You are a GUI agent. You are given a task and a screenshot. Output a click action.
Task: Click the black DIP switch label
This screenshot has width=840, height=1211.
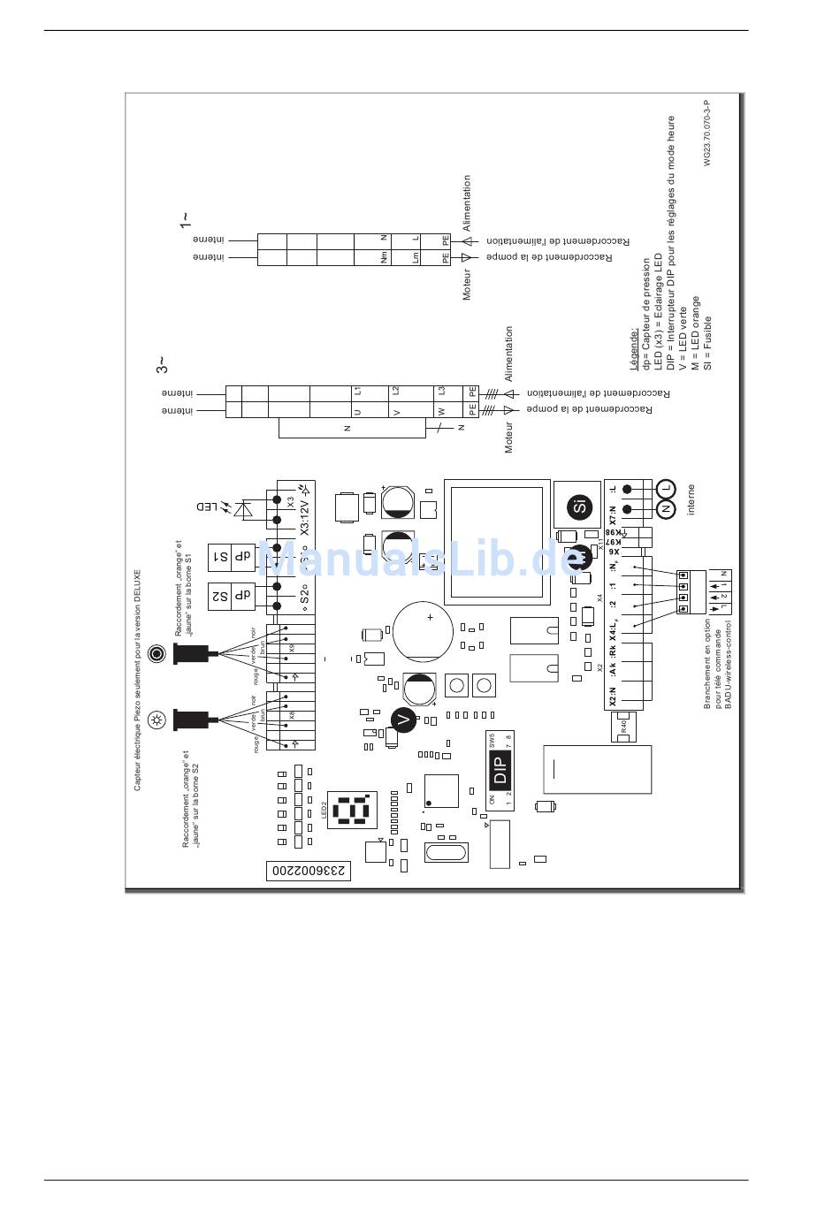(x=500, y=770)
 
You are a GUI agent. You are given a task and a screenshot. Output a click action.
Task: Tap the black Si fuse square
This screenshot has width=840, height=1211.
(x=579, y=506)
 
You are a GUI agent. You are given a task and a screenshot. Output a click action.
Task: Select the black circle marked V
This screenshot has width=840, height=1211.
(x=404, y=720)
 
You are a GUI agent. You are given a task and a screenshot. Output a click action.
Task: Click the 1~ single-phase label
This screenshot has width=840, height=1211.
(x=184, y=219)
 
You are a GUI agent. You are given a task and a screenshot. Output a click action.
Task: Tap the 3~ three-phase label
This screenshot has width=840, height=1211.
(x=163, y=364)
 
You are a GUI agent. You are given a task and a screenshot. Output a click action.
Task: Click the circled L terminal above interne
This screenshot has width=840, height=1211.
(x=666, y=487)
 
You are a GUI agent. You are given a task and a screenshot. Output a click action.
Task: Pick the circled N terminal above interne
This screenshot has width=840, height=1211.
(x=666, y=509)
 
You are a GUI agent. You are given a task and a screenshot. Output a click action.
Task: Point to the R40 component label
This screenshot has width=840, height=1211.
(x=623, y=727)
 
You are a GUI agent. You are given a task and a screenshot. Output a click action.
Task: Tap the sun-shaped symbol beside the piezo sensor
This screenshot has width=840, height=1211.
(x=157, y=719)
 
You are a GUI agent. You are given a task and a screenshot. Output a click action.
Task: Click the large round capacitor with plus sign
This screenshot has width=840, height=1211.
(x=423, y=630)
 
